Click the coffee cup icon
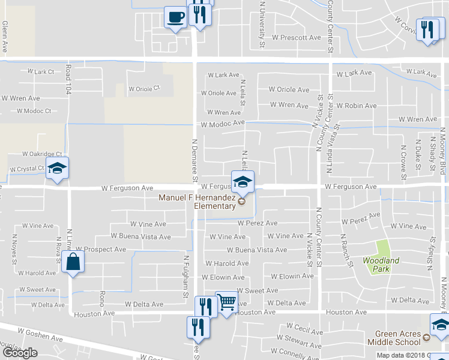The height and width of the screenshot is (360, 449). point(175,17)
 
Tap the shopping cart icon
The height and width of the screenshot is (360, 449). point(226,303)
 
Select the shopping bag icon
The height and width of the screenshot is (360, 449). point(73,262)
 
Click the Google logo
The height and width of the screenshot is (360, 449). point(20,353)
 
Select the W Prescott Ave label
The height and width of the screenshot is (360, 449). point(297,37)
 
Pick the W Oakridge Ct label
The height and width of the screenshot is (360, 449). point(42,154)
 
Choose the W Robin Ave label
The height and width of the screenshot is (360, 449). point(357,106)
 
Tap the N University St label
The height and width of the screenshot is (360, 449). point(262,24)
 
